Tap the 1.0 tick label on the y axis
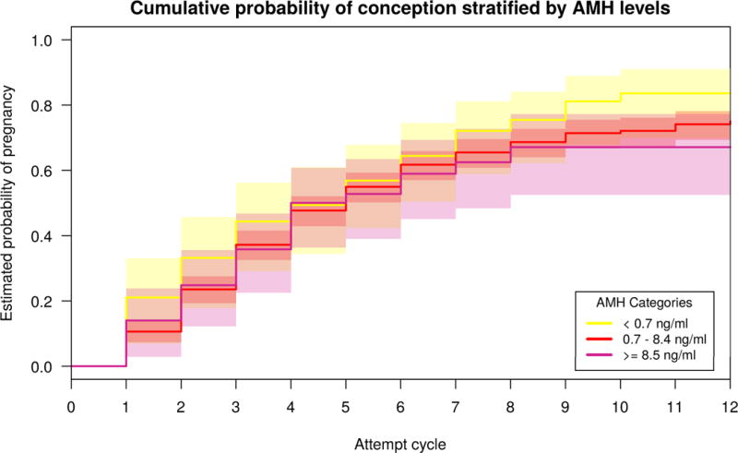click(43, 41)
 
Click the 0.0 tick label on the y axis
click(43, 367)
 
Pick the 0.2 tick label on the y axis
click(43, 302)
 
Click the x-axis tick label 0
click(71, 407)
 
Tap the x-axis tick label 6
click(400, 407)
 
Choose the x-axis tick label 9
click(565, 407)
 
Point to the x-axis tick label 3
click(236, 407)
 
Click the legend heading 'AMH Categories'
click(643, 302)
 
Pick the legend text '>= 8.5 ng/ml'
click(659, 359)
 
